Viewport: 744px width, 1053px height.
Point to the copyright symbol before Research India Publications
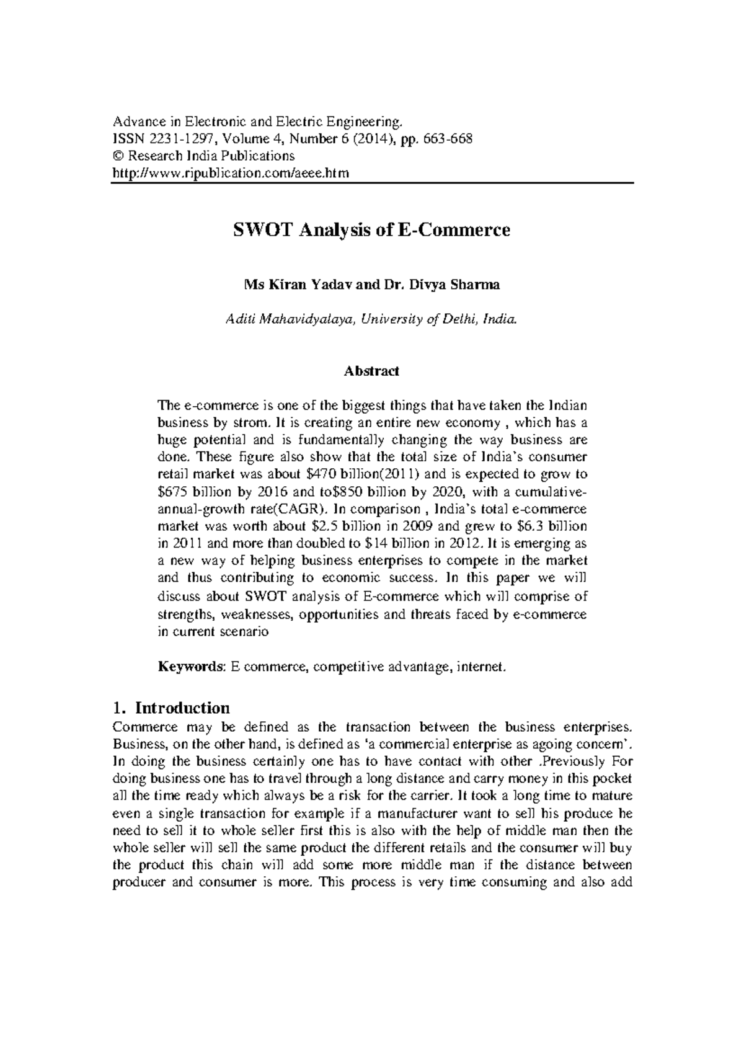point(116,156)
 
